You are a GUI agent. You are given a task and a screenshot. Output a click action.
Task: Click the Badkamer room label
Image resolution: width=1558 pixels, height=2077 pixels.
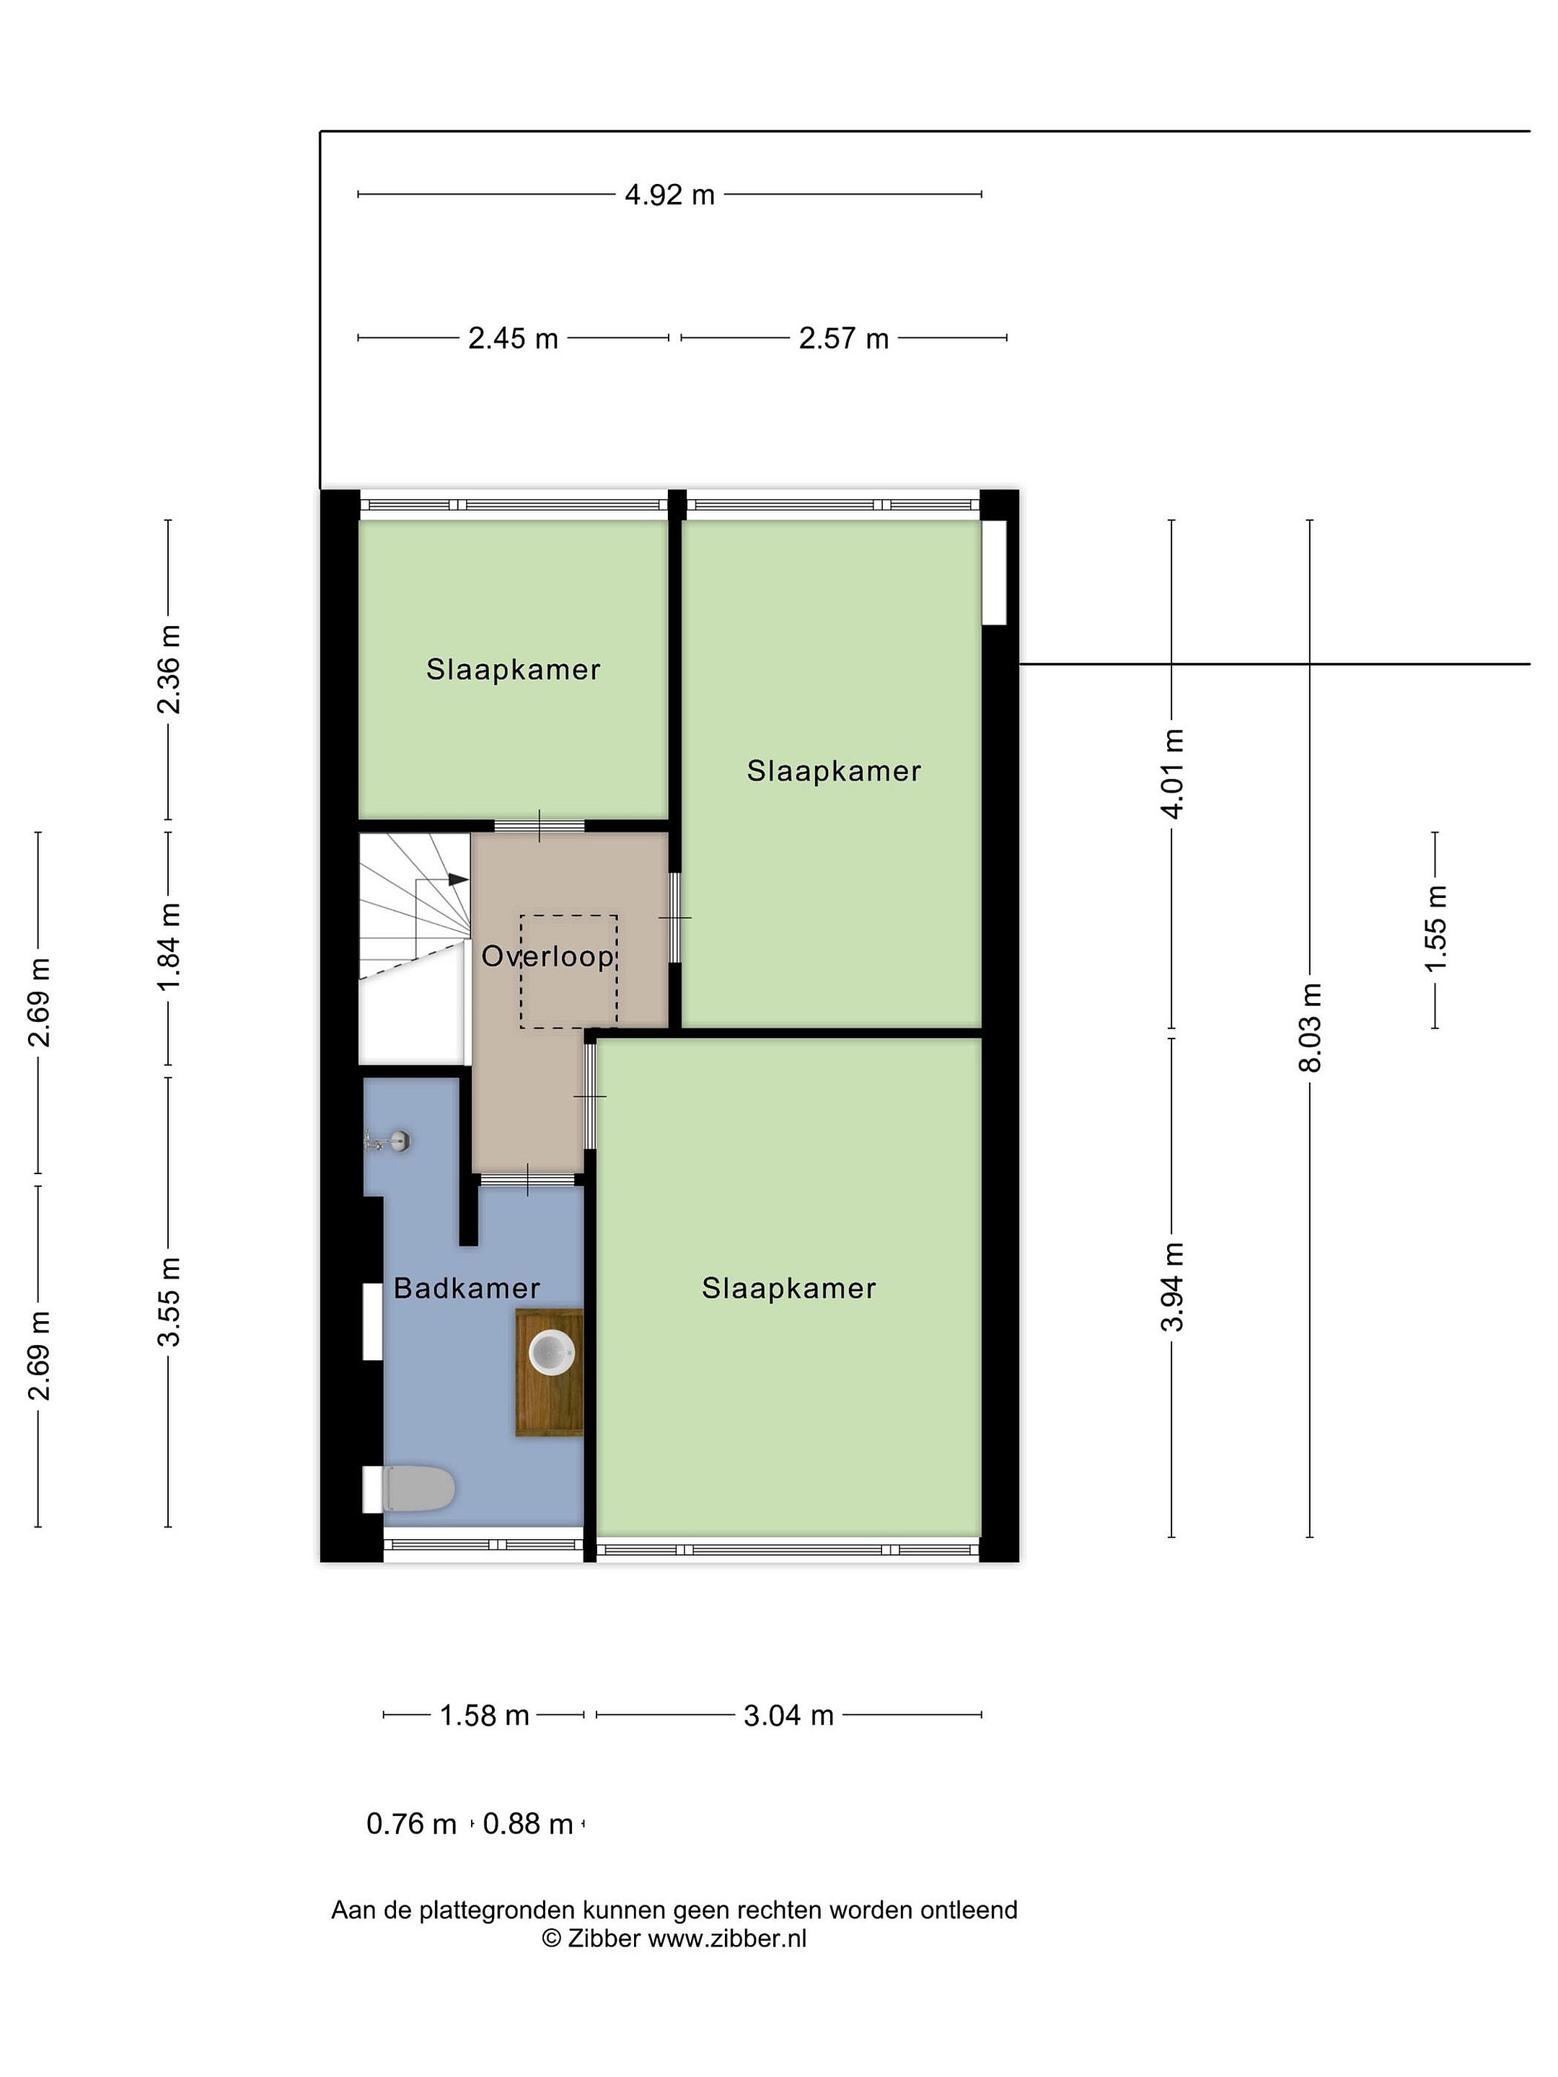(466, 1287)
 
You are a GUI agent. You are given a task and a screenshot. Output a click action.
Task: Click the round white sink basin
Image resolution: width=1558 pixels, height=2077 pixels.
(551, 1352)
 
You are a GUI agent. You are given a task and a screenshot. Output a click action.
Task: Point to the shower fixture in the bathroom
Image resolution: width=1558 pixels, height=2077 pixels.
(389, 1142)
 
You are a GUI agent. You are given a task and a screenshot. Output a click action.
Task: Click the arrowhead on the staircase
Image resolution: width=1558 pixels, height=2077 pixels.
(458, 879)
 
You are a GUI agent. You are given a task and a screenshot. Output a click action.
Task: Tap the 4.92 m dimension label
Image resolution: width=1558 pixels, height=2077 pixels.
(669, 195)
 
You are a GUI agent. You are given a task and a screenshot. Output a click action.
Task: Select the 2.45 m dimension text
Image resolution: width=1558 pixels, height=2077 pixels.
(513, 338)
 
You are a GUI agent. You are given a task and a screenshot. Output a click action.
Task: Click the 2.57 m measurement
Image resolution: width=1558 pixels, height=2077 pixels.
(843, 338)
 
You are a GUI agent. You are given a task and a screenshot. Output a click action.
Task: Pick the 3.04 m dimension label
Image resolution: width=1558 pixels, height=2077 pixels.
(789, 1716)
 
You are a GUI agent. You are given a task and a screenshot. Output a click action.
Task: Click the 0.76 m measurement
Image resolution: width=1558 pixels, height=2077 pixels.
(411, 1823)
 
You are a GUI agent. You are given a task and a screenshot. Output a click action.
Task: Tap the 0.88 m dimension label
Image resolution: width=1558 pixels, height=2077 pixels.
(528, 1823)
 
